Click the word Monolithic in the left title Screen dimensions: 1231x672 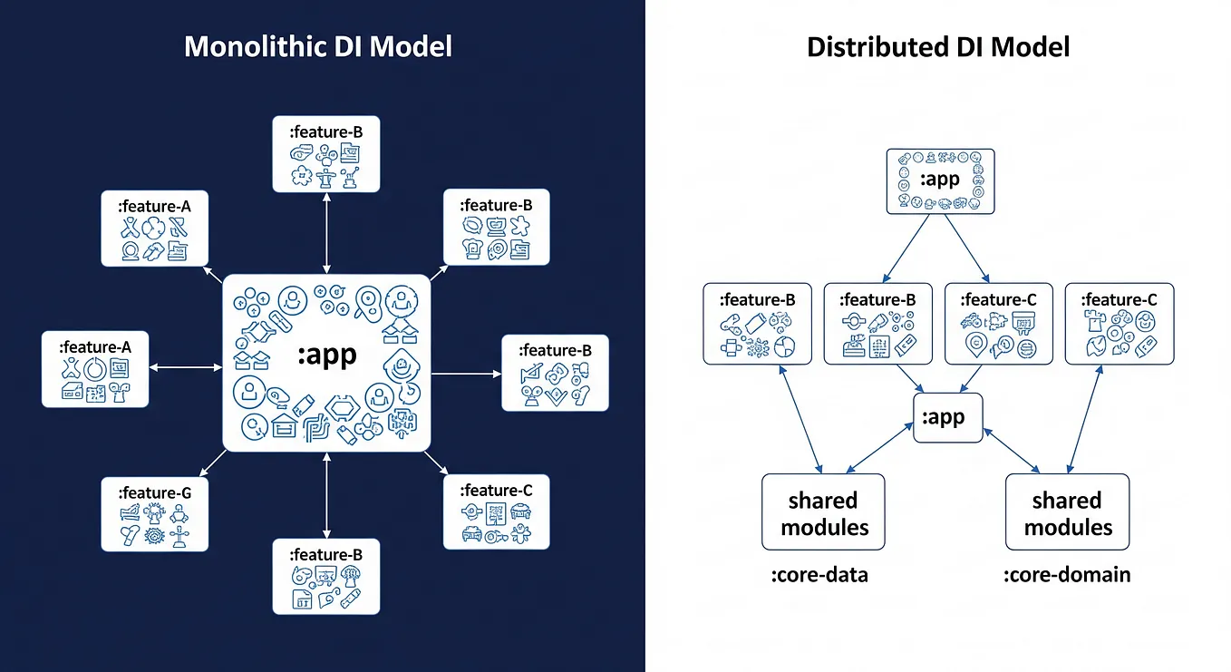(x=255, y=46)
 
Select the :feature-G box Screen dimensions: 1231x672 (x=154, y=514)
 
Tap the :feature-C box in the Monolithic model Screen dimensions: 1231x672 (x=496, y=512)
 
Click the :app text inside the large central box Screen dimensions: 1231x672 (x=327, y=355)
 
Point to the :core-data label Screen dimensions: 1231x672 (x=820, y=575)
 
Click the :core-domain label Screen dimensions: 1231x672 (x=1067, y=575)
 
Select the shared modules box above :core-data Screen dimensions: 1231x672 (x=823, y=512)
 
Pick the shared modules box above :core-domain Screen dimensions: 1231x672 (x=1067, y=512)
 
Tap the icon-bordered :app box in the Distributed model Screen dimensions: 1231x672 (x=940, y=181)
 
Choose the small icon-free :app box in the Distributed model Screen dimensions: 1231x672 (x=948, y=417)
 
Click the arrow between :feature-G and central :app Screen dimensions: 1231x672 (x=213, y=463)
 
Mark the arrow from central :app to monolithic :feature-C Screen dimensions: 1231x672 (x=436, y=463)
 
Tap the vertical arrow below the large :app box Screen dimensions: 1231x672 (x=326, y=495)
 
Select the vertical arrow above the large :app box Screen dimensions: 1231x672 (x=326, y=233)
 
